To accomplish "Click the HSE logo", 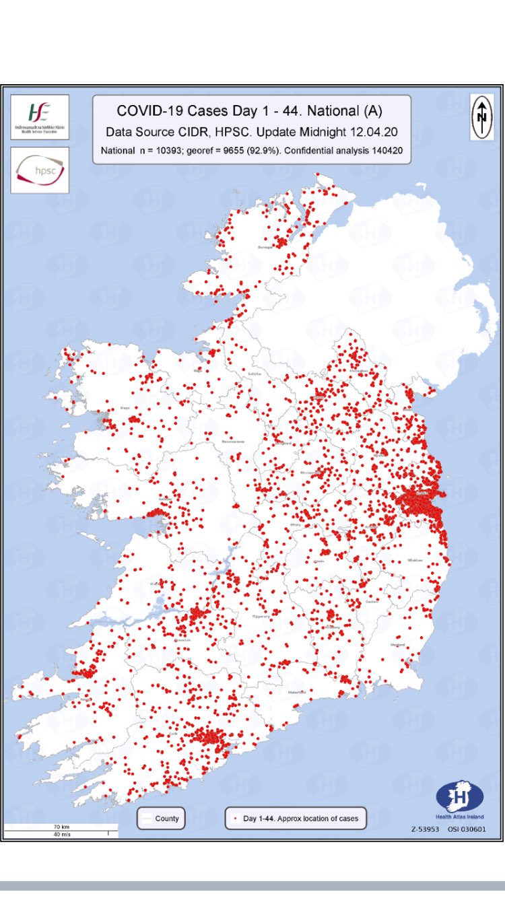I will click(x=40, y=116).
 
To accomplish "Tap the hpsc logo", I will click(x=40, y=170).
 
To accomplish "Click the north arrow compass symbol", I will click(x=481, y=116).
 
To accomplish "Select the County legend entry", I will click(x=161, y=818).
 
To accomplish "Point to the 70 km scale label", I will click(x=62, y=826).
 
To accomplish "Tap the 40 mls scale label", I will click(x=62, y=834).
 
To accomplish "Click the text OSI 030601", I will click(x=467, y=829).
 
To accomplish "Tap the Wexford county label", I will click(x=397, y=645).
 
